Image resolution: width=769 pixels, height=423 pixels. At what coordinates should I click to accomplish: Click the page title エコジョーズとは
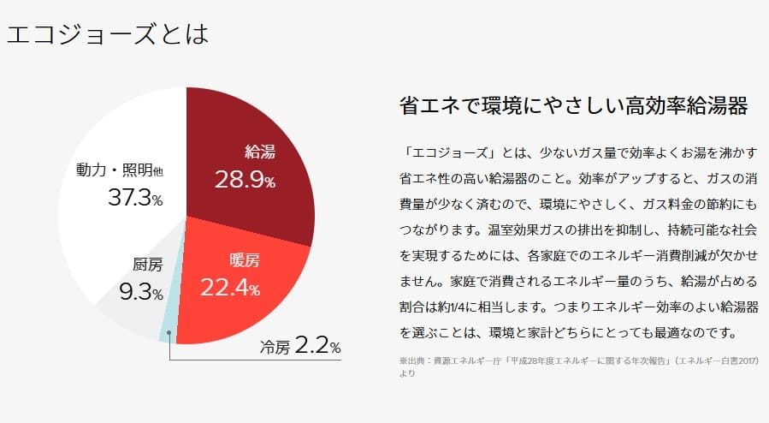[x=107, y=35]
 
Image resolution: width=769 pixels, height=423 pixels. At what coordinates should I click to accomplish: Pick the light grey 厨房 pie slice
[x=128, y=304]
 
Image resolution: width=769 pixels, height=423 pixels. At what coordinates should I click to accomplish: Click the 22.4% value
[x=230, y=288]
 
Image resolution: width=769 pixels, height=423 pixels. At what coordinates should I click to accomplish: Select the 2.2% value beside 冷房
[x=317, y=347]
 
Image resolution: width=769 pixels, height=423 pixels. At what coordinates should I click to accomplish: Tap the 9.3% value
[x=141, y=293]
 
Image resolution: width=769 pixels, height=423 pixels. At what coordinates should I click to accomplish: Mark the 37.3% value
[x=135, y=198]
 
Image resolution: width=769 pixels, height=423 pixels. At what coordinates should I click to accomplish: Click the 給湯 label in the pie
[x=259, y=152]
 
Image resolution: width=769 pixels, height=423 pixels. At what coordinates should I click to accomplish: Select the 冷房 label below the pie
[x=275, y=349]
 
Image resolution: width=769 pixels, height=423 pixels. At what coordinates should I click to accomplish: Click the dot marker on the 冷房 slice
[x=170, y=332]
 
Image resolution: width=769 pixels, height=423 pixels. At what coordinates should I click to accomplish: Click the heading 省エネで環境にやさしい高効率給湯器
[x=573, y=106]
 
